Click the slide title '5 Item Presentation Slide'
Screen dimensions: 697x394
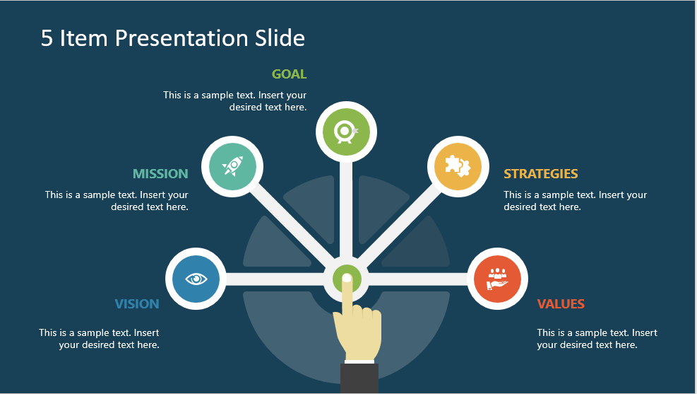click(x=173, y=37)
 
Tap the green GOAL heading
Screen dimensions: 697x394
click(x=289, y=74)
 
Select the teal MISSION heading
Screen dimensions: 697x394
click(x=160, y=173)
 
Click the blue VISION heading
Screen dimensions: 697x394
click(x=137, y=303)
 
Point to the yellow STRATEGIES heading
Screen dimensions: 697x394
click(x=540, y=173)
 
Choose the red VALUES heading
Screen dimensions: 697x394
click(x=561, y=303)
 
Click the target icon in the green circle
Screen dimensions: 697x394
click(x=346, y=132)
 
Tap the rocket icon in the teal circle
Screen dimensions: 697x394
click(x=232, y=166)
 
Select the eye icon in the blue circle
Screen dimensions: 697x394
click(x=196, y=279)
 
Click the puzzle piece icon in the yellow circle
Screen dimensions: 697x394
click(x=458, y=166)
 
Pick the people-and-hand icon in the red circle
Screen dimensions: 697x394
click(x=497, y=279)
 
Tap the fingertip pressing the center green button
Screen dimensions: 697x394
click(x=347, y=279)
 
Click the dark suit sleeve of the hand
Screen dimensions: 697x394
click(x=359, y=378)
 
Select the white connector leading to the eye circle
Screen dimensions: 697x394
click(x=275, y=279)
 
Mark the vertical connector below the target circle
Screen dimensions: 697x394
click(x=346, y=209)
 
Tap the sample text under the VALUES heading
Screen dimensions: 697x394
click(x=597, y=339)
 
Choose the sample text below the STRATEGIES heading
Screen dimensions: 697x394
click(x=576, y=201)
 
